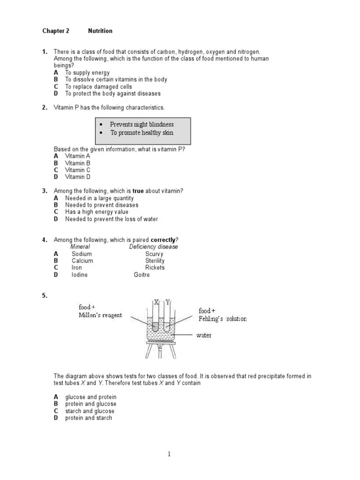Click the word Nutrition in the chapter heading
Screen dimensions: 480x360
point(100,31)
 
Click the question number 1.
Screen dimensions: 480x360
point(45,52)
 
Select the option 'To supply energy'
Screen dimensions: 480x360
point(87,73)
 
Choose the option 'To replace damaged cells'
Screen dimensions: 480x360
point(98,87)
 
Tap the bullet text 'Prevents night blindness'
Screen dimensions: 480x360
point(142,124)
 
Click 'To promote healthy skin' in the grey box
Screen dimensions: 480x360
point(142,133)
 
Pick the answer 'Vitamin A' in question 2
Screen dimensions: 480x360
point(77,156)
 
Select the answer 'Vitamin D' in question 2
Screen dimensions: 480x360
point(77,177)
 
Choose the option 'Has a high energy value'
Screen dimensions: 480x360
point(97,212)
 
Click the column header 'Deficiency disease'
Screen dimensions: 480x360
point(153,247)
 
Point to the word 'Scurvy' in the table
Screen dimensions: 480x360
point(154,254)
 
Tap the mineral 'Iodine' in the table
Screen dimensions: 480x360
point(79,275)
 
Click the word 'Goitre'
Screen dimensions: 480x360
point(142,275)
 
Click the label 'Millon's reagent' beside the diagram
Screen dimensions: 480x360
point(100,315)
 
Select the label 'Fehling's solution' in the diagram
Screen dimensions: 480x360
point(223,319)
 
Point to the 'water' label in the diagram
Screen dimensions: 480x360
point(204,335)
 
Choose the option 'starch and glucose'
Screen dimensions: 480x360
point(90,411)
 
